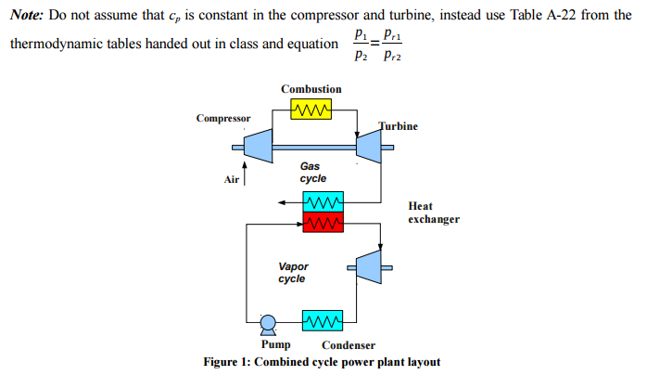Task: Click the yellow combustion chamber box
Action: coord(311,110)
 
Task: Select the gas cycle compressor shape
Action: coord(256,146)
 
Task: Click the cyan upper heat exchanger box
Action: coord(323,202)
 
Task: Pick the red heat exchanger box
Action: coord(323,223)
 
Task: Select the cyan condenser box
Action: coord(323,321)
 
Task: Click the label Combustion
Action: coord(311,89)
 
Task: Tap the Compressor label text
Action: coord(223,119)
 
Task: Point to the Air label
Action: coord(232,179)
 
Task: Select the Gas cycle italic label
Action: coord(312,172)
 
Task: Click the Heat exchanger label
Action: coord(433,213)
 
